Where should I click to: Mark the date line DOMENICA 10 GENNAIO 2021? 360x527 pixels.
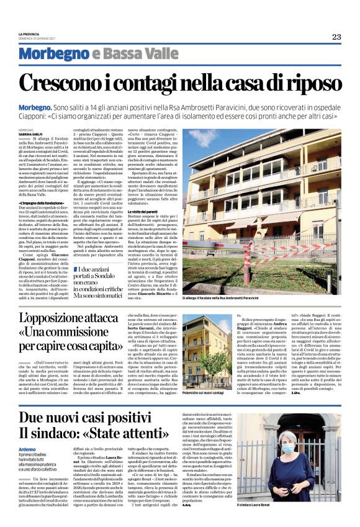click(39, 39)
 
